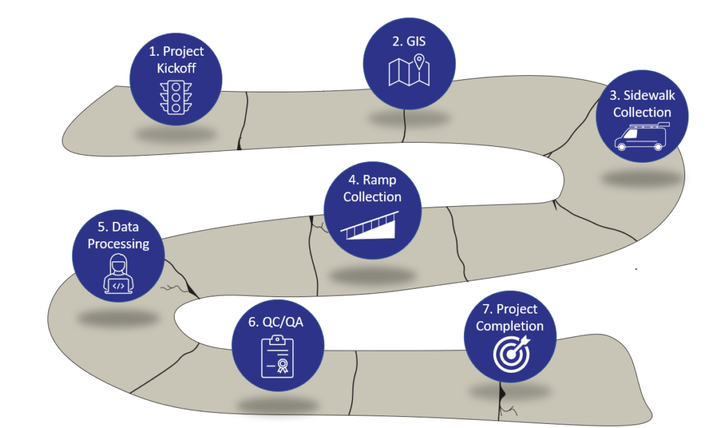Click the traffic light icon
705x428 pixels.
coord(176,97)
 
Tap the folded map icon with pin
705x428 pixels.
coord(409,72)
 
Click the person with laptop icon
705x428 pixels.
coord(118,274)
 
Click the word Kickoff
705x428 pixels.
coord(176,68)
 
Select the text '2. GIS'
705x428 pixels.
coord(409,41)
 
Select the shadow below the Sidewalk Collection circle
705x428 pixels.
coord(640,179)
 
